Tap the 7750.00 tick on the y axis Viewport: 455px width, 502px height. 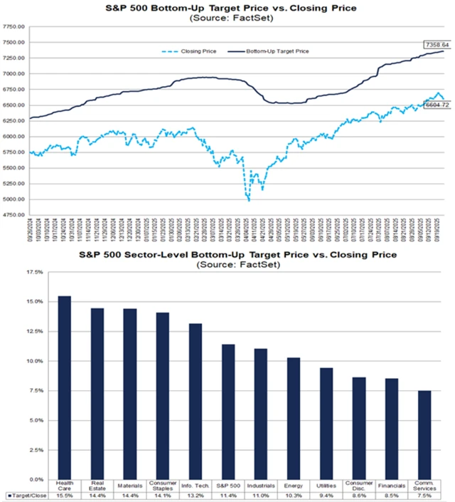click(14, 26)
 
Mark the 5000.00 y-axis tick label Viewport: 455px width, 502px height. click(14, 200)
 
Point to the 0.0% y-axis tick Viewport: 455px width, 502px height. click(18, 479)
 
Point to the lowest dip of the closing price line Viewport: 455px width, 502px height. click(249, 200)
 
